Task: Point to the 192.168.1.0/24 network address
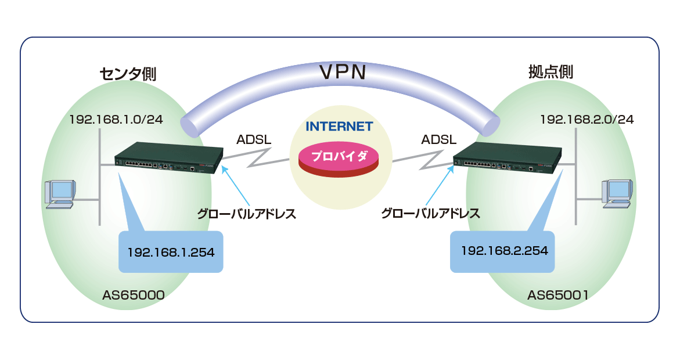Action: [x=116, y=120]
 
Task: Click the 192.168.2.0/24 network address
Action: [x=587, y=120]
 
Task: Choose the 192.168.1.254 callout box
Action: [x=171, y=252]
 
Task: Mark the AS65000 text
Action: [x=134, y=296]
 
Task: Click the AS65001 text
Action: [x=558, y=296]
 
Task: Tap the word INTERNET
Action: [x=339, y=126]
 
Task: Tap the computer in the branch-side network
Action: [x=616, y=192]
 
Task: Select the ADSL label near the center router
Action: [x=254, y=140]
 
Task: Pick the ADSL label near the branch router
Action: [x=438, y=140]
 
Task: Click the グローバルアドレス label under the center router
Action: [x=246, y=214]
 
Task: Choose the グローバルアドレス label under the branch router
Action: [x=430, y=214]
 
